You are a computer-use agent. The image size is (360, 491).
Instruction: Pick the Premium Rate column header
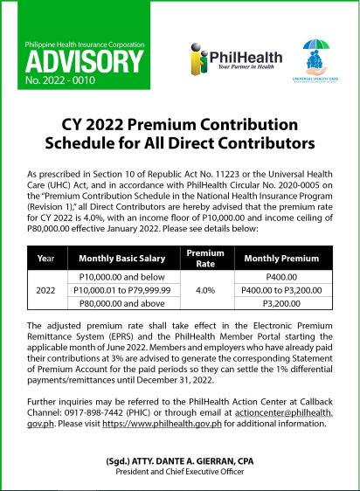205,258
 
